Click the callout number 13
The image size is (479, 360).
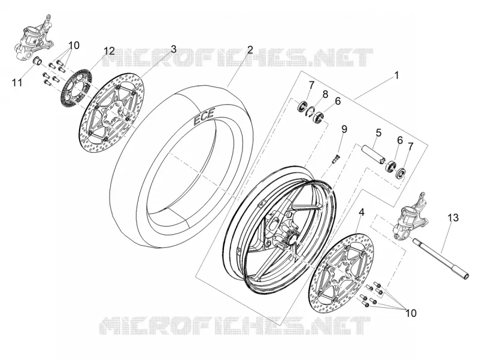coord(453,218)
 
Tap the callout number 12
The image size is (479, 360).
coord(109,51)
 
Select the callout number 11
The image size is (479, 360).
coord(17,82)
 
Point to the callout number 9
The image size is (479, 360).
coord(344,129)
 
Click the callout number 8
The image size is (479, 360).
coord(325,94)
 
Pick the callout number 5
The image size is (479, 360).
coord(378,132)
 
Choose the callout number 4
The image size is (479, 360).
coord(362,212)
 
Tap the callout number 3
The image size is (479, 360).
coord(174,49)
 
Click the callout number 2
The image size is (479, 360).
coord(250,50)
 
